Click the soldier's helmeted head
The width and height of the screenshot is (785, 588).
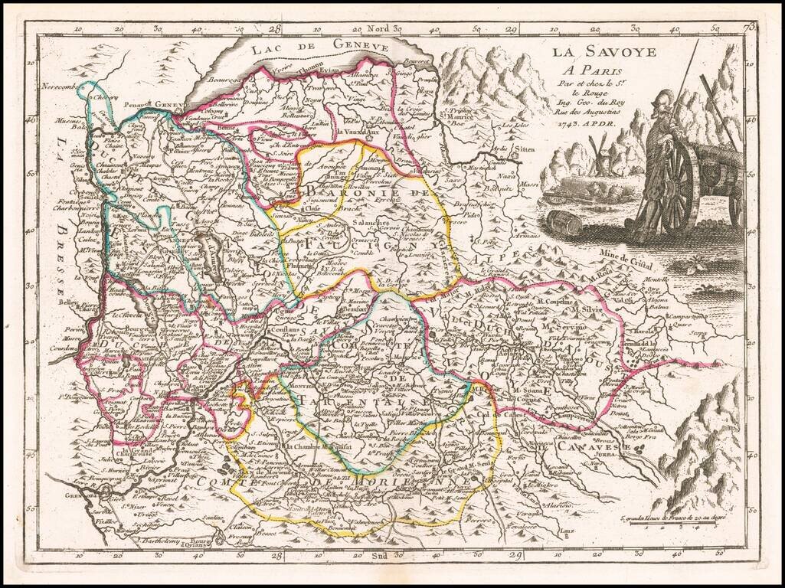point(663,105)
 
